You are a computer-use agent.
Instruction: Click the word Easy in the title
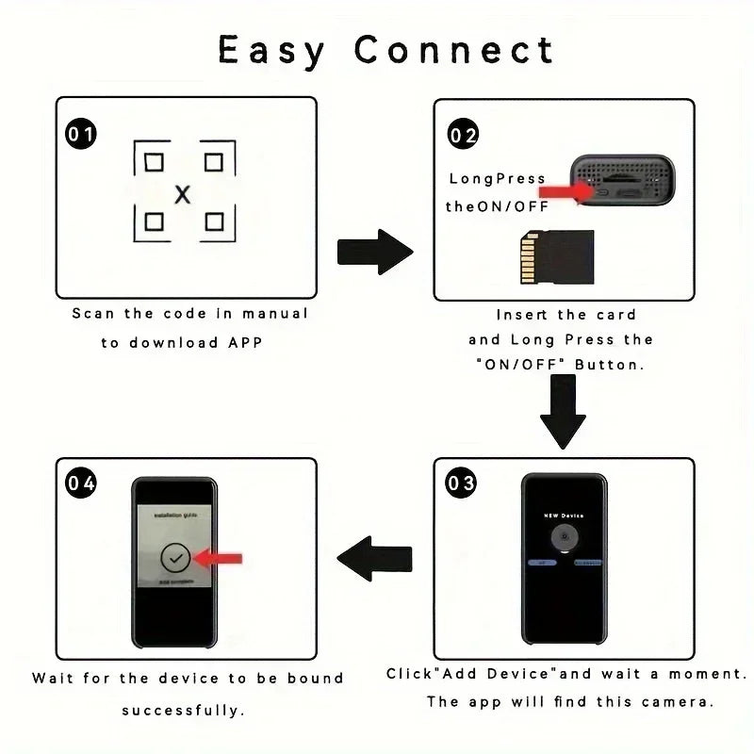click(270, 49)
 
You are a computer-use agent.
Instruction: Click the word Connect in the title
click(454, 49)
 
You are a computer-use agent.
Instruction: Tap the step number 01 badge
click(80, 135)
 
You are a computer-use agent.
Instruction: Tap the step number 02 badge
click(463, 135)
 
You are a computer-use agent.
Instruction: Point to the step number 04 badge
click(80, 484)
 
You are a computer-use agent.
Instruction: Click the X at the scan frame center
click(183, 194)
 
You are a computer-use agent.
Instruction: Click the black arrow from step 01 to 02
click(375, 252)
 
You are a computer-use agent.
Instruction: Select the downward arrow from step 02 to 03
click(564, 412)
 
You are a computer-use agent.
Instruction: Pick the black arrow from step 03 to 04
click(374, 558)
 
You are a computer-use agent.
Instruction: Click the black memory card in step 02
click(557, 259)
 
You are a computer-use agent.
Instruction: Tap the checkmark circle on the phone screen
click(174, 558)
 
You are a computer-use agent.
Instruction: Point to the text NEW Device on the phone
click(564, 516)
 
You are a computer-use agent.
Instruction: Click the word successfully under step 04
click(184, 709)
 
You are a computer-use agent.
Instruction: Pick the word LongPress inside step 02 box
click(497, 178)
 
